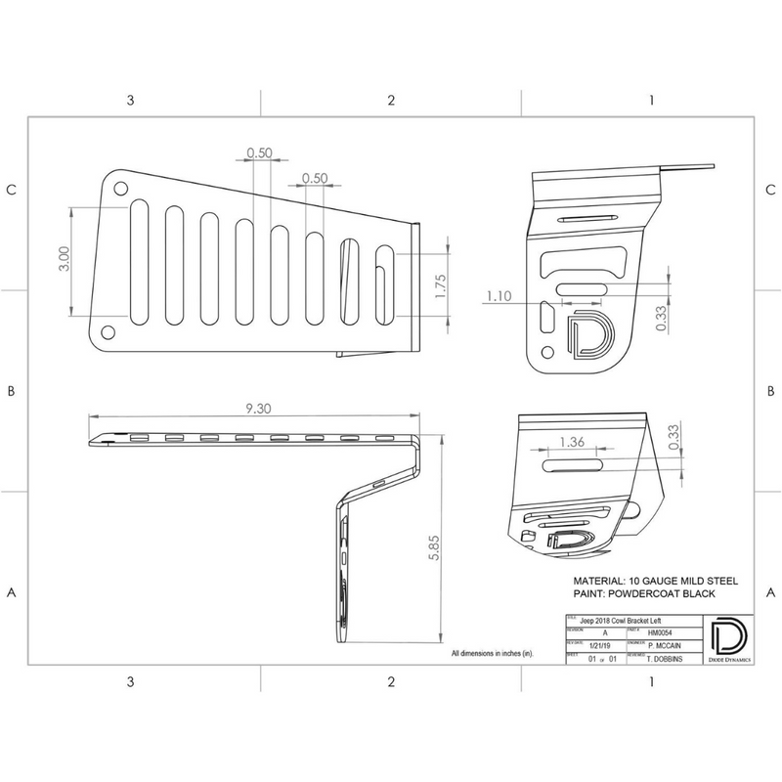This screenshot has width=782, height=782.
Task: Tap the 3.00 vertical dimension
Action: pyautogui.click(x=64, y=259)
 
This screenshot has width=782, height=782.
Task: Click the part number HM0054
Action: pyautogui.click(x=663, y=631)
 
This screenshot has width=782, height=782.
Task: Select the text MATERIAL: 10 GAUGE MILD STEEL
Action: pyautogui.click(x=654, y=580)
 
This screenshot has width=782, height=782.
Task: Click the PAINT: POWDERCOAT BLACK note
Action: pyautogui.click(x=645, y=594)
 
